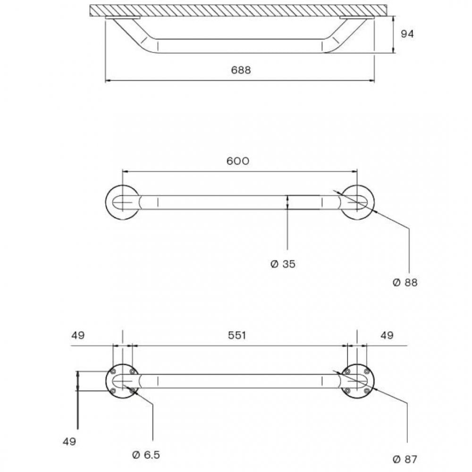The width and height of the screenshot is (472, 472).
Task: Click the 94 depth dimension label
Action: [x=407, y=34]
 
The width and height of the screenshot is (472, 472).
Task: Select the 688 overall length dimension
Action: [x=241, y=70]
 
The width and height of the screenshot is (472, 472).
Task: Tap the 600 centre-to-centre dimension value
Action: [x=237, y=161]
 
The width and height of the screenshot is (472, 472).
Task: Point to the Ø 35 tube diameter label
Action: [x=283, y=264]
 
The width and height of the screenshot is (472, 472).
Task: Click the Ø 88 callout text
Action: [x=405, y=282]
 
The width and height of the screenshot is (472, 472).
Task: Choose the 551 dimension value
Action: [x=237, y=335]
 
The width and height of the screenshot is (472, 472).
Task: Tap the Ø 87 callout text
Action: [x=405, y=459]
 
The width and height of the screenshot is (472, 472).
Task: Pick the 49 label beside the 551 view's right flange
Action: [x=387, y=335]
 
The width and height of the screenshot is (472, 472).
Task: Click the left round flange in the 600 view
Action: [x=122, y=202]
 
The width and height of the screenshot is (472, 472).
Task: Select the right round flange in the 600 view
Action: [x=357, y=202]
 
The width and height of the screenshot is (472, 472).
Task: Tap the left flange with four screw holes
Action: [x=122, y=381]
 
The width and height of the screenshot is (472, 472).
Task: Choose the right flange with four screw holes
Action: [x=357, y=381]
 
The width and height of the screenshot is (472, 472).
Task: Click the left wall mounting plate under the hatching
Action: [x=123, y=18]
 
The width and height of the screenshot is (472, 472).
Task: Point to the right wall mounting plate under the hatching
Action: [x=356, y=18]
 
